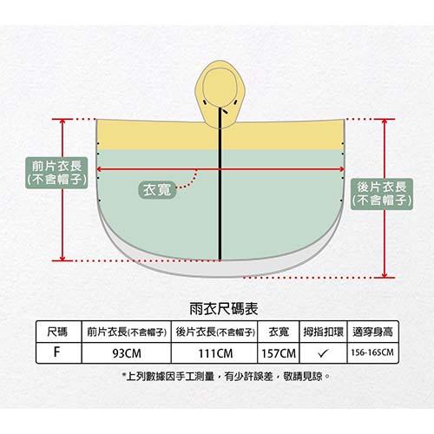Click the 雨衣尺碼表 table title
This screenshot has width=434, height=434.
(224, 309)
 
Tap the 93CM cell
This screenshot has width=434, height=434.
(127, 353)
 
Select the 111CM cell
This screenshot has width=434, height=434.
(215, 353)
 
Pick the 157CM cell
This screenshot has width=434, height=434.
(279, 353)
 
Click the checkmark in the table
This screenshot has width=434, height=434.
(323, 353)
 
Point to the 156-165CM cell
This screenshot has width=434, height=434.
(372, 352)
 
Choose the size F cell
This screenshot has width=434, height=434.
(56, 352)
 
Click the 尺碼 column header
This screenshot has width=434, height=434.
(57, 332)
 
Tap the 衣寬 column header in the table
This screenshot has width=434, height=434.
(279, 332)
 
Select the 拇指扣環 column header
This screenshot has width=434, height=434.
(323, 332)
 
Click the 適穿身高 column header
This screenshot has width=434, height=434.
(372, 332)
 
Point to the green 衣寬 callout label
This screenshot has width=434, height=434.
(157, 190)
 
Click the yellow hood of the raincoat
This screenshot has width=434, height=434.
(220, 94)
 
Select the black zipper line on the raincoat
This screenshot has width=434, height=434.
(220, 184)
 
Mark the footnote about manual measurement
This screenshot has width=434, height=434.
(226, 377)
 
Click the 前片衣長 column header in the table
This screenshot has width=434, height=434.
(127, 332)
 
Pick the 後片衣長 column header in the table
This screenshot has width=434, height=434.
(215, 332)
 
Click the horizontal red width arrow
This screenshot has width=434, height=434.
(220, 169)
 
